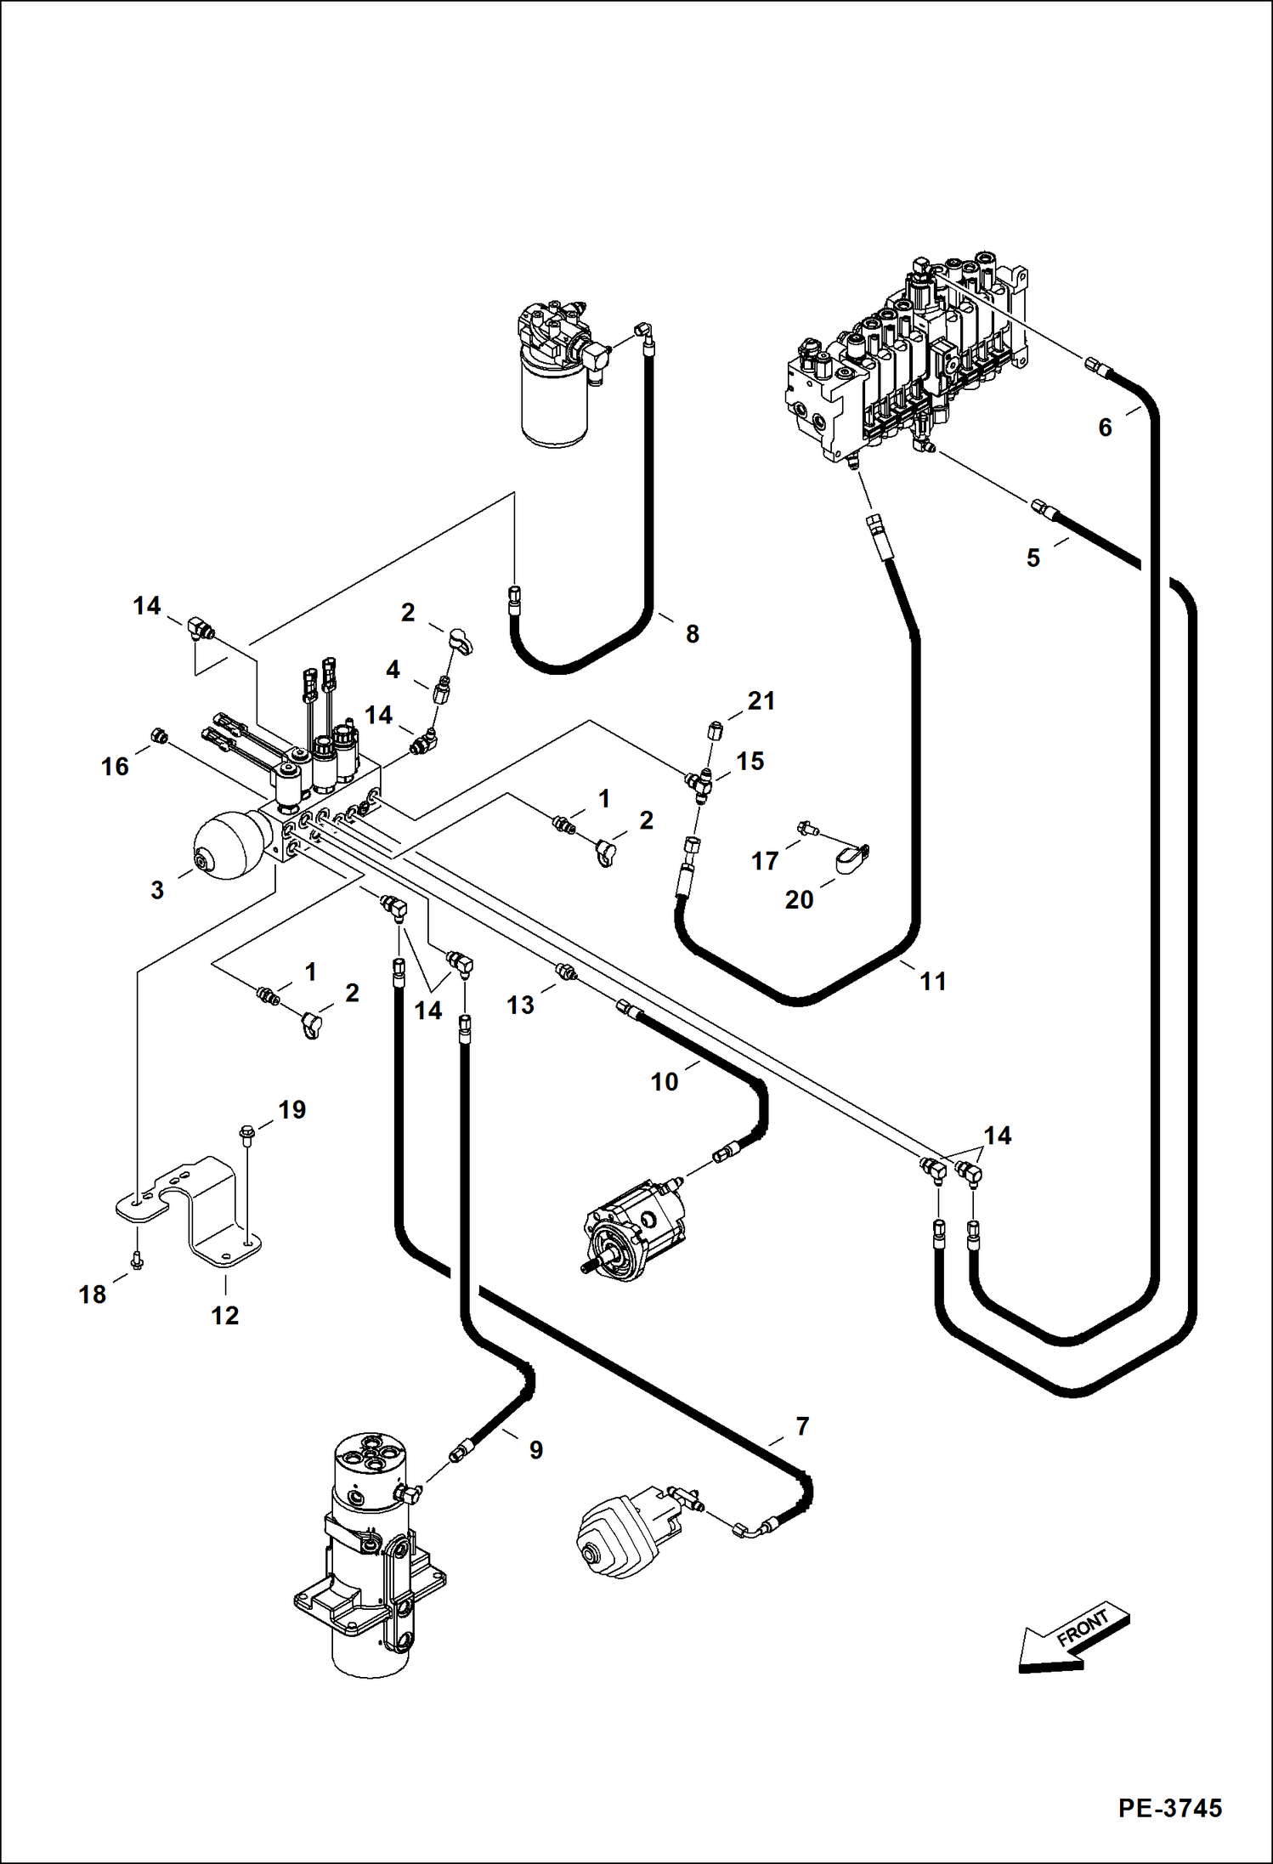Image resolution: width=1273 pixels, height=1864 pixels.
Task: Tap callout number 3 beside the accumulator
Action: tap(157, 891)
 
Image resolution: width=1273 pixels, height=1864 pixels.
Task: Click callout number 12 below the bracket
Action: tap(224, 1316)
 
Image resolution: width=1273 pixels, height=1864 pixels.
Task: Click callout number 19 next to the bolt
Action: tap(291, 1109)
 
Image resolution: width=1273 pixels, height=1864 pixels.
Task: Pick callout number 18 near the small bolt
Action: tap(92, 1295)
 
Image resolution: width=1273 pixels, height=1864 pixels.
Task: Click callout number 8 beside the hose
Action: tap(692, 633)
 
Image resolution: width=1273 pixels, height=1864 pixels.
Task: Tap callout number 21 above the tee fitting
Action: tap(761, 701)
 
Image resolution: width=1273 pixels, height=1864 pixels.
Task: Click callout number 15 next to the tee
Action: tap(750, 761)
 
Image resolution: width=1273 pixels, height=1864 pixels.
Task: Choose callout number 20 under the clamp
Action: tap(799, 899)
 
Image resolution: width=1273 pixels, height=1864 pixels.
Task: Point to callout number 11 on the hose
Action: tap(932, 982)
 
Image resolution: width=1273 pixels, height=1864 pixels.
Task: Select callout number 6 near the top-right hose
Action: tap(1105, 428)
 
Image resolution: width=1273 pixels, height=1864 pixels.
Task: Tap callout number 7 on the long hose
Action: tap(802, 1425)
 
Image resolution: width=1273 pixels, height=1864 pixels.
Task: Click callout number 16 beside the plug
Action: tap(115, 767)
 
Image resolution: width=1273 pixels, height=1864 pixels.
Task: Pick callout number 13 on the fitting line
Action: tap(520, 1006)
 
